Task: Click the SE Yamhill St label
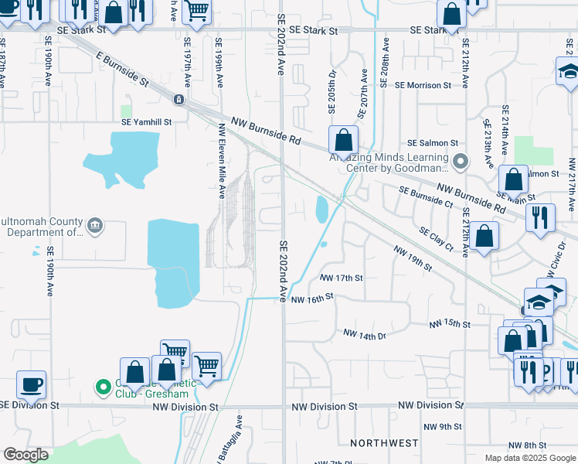(x=146, y=121)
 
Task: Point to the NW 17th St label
(x=340, y=277)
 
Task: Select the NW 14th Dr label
(x=364, y=335)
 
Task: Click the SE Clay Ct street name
(x=436, y=237)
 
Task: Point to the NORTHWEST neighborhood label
(x=384, y=443)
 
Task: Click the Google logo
(x=25, y=455)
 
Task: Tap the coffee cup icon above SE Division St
(x=32, y=384)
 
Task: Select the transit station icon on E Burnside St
(x=178, y=99)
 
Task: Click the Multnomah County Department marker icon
(x=96, y=226)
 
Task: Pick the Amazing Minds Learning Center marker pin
(x=461, y=162)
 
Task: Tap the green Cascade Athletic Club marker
(x=101, y=386)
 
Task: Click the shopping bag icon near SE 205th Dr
(x=343, y=141)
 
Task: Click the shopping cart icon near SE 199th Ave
(x=198, y=11)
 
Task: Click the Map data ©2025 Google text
(x=529, y=458)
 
